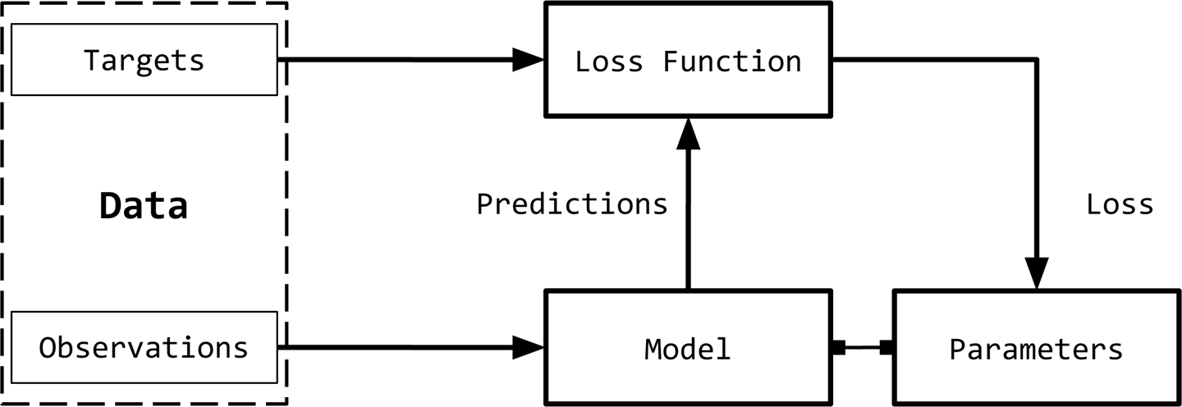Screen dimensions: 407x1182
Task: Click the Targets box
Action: coord(144,60)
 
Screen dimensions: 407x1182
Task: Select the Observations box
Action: coord(144,347)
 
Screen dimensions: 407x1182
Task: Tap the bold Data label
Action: coord(144,206)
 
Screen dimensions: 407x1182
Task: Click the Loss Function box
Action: coord(688,60)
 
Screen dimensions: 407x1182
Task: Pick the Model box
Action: coord(688,349)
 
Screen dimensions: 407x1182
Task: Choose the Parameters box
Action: coord(1036,349)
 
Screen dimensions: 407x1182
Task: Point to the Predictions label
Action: coord(572,203)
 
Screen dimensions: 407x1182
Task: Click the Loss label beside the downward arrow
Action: coord(1120,203)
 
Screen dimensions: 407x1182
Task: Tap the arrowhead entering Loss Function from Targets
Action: coord(529,59)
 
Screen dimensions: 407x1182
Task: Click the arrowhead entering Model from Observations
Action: coord(529,347)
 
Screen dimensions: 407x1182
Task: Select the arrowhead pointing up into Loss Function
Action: coord(688,133)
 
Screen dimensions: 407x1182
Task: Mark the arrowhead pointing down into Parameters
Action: coord(1037,272)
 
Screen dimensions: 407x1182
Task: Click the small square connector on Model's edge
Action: coord(838,348)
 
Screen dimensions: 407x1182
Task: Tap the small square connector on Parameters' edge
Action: coord(886,348)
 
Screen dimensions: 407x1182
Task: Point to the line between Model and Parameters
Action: coord(863,348)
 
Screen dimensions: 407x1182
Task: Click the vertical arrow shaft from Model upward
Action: coord(688,222)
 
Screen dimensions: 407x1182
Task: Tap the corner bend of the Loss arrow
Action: coord(1037,59)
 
